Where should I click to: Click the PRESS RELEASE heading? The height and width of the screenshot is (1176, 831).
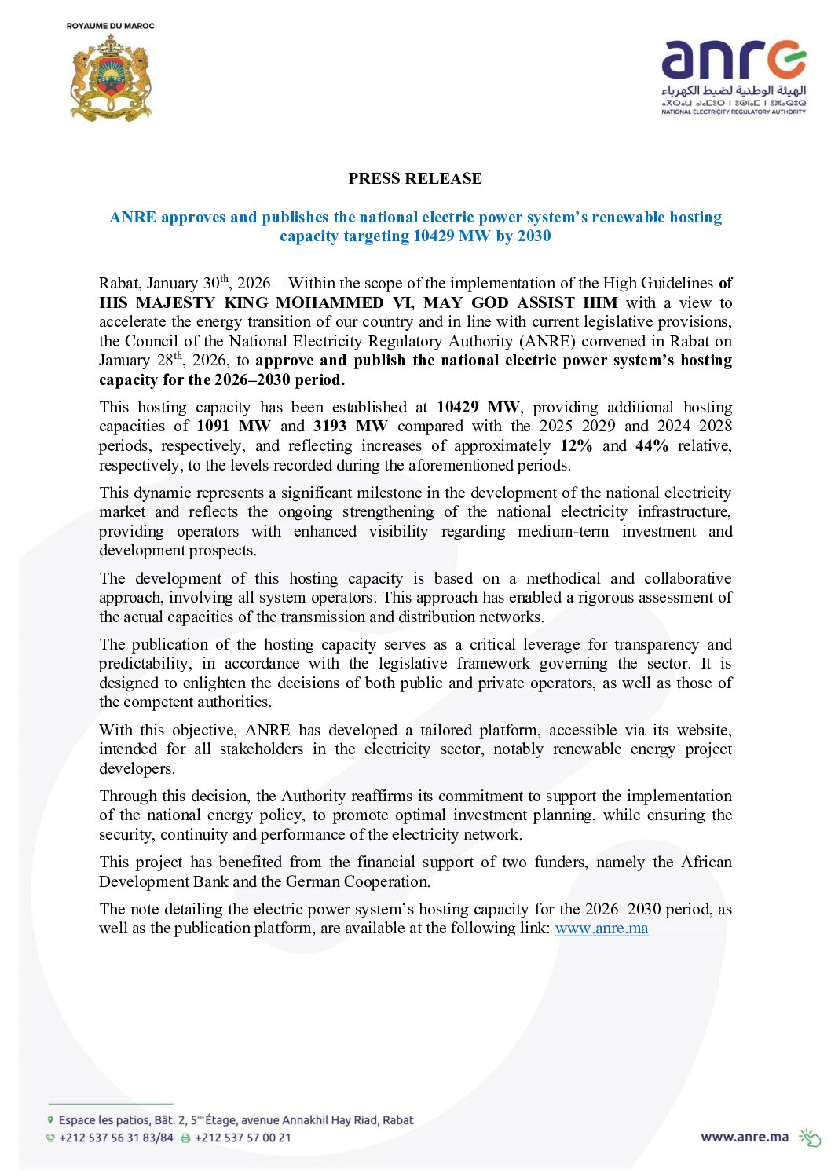pyautogui.click(x=415, y=178)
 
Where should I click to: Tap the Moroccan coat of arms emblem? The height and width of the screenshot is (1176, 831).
pyautogui.click(x=111, y=78)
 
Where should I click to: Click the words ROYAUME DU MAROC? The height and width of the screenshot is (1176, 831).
pyautogui.click(x=111, y=26)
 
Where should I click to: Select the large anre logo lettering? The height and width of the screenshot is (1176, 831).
pyautogui.click(x=733, y=61)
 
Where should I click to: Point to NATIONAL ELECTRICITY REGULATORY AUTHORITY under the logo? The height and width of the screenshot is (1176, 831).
pyautogui.click(x=733, y=112)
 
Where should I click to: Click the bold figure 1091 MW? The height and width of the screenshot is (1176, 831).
pyautogui.click(x=233, y=427)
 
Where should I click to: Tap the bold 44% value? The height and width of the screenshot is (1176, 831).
pyautogui.click(x=652, y=446)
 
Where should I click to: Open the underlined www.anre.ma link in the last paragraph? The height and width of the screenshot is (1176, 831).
pyautogui.click(x=602, y=929)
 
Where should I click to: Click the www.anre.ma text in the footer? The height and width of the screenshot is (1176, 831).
pyautogui.click(x=745, y=1137)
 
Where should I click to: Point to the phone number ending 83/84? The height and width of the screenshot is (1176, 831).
pyautogui.click(x=116, y=1138)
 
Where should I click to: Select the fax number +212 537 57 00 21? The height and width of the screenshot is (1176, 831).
pyautogui.click(x=243, y=1138)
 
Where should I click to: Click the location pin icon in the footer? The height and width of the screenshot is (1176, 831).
pyautogui.click(x=51, y=1120)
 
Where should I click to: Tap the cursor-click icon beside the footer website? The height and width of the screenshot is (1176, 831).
pyautogui.click(x=810, y=1138)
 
